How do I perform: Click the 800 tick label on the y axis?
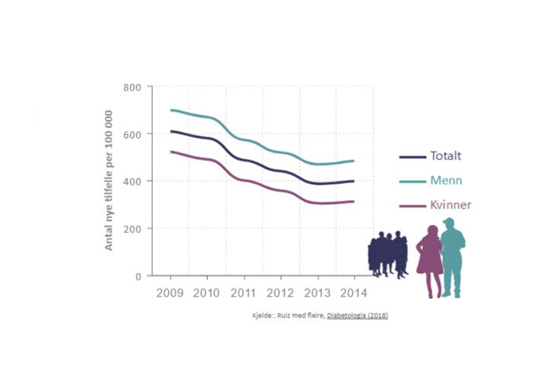pos(133,87)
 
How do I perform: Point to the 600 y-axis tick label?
pos(133,134)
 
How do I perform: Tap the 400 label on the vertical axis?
pos(133,181)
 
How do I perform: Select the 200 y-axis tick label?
pos(133,229)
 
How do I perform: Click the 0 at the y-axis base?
pos(138,276)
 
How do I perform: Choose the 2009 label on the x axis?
pos(170,293)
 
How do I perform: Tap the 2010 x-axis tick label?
pos(207,293)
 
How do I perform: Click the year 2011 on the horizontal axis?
pos(244,293)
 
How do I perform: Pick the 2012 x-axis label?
pos(281,293)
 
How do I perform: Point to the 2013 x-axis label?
pos(318,293)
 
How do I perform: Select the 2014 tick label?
pos(354,293)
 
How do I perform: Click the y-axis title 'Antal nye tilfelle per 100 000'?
pos(109,181)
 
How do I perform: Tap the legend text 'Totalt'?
pos(445,156)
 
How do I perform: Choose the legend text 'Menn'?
pos(446,181)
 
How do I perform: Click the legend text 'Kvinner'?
pos(450,205)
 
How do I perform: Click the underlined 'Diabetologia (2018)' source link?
pos(357,316)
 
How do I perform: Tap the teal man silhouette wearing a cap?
pos(453,257)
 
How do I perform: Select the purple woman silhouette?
pos(430,260)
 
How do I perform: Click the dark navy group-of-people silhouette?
pos(388,254)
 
